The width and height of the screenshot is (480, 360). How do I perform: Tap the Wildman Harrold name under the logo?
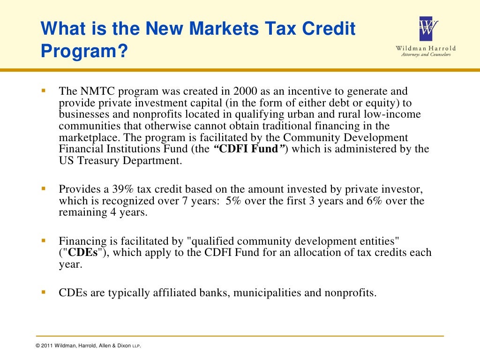pyautogui.click(x=426, y=48)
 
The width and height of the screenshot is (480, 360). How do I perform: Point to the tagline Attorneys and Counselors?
pyautogui.click(x=426, y=55)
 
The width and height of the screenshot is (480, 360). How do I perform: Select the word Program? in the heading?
pyautogui.click(x=84, y=51)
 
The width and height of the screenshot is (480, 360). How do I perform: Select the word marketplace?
pyautogui.click(x=87, y=138)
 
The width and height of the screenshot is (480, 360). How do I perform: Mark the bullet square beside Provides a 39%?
pyautogui.click(x=43, y=188)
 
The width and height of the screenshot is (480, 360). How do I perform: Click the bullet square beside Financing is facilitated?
pyautogui.click(x=43, y=240)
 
